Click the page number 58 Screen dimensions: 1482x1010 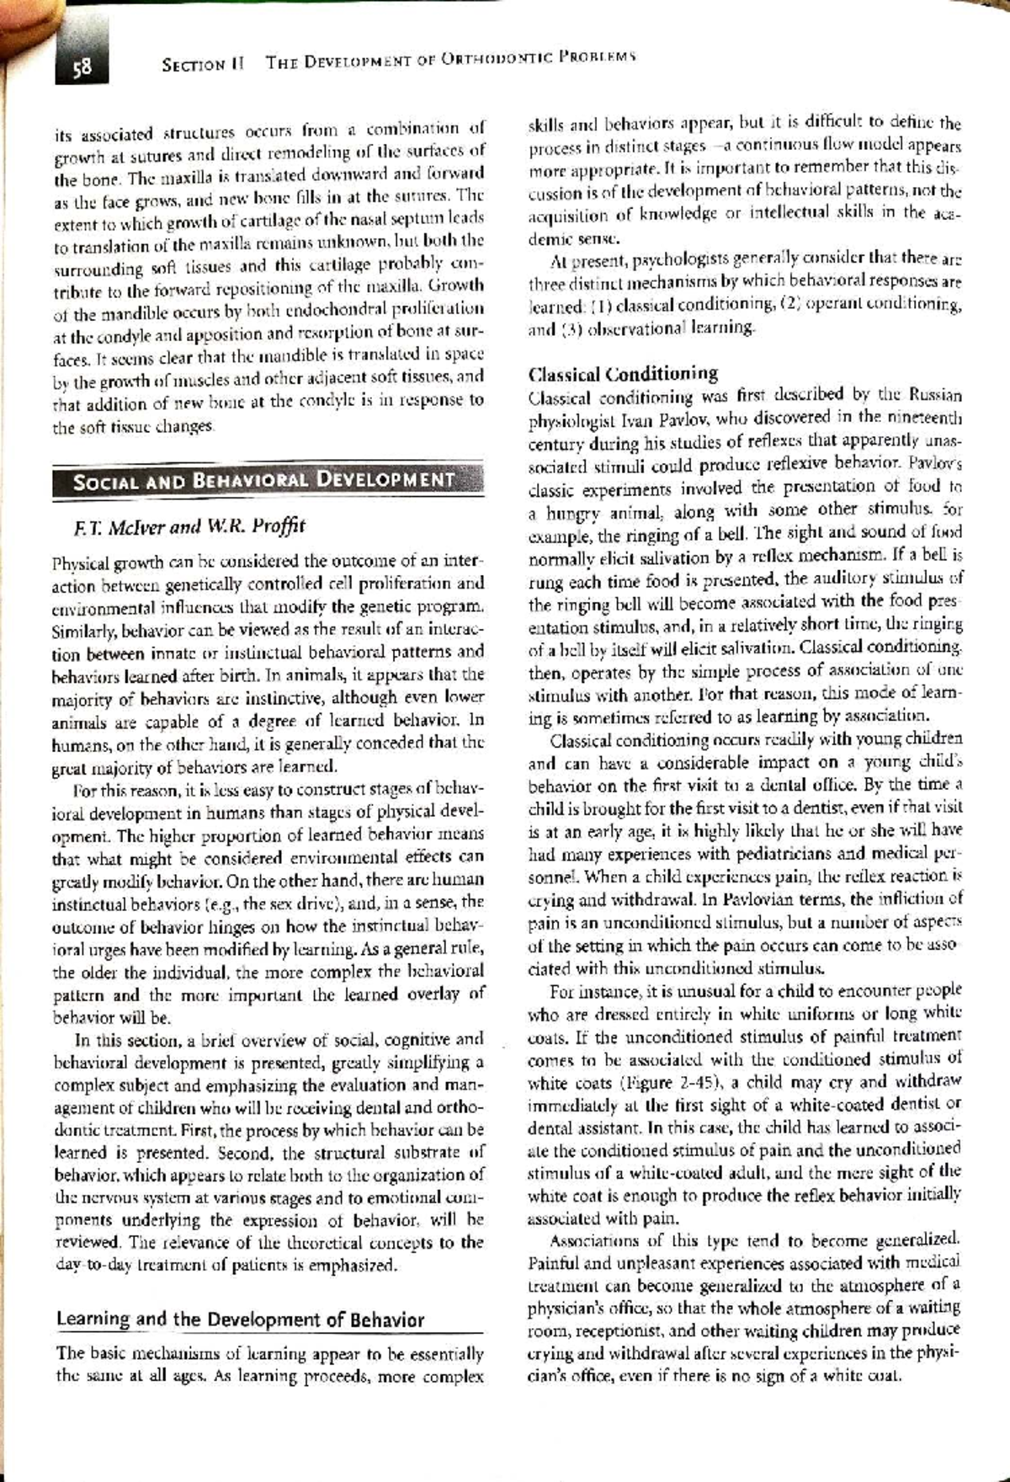click(x=82, y=66)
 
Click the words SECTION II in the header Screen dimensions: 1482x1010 click(x=202, y=63)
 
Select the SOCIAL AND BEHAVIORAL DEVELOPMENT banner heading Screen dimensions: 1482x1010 click(x=264, y=482)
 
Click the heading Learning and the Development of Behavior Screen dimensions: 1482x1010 click(x=240, y=1319)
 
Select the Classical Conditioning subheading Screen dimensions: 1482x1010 click(x=623, y=374)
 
